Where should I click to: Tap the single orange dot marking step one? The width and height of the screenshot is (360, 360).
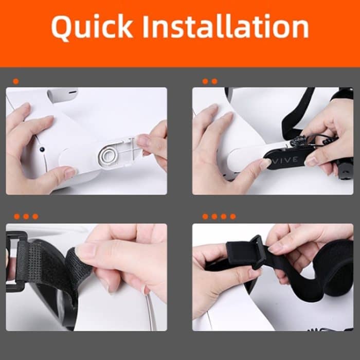[16, 81]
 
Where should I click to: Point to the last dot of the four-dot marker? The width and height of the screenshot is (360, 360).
[233, 217]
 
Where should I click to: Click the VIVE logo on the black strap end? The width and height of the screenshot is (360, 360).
[285, 160]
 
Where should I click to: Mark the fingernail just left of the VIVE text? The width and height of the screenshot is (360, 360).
[265, 164]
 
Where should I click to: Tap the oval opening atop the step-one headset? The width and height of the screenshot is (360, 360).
[62, 95]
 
